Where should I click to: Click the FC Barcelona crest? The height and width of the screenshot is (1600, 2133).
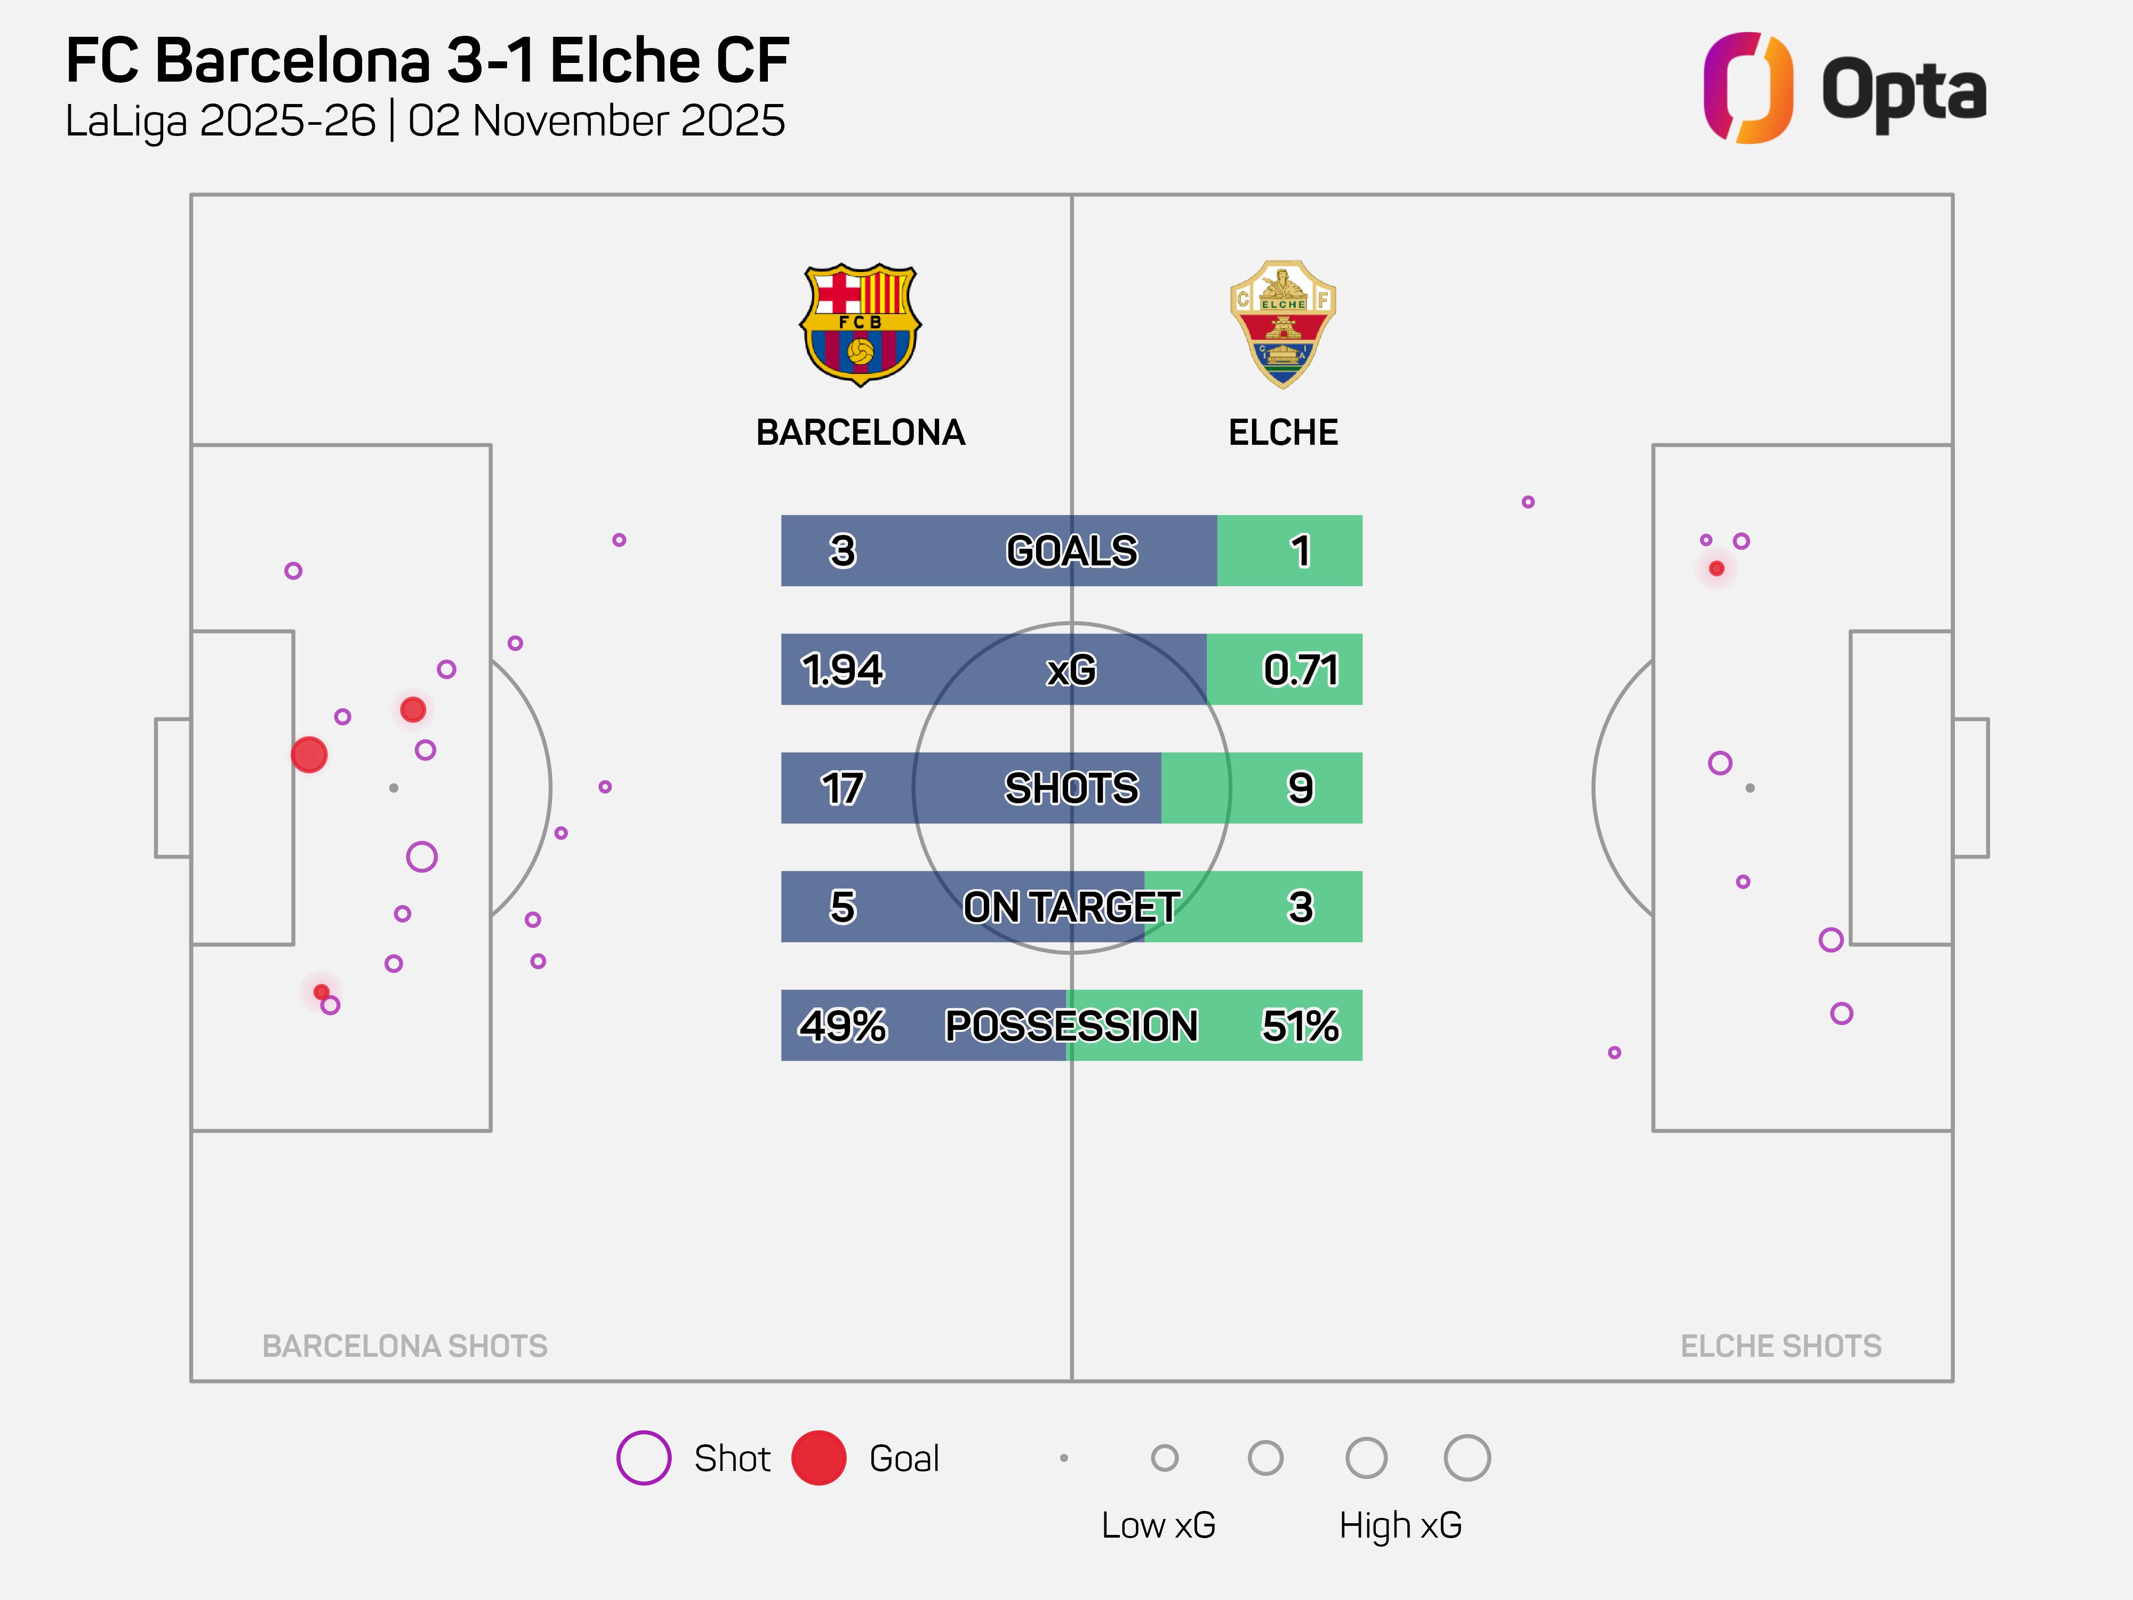click(x=860, y=325)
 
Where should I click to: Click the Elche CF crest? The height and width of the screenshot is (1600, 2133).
click(x=1282, y=324)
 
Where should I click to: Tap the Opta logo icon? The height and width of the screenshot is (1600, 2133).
click(x=1747, y=88)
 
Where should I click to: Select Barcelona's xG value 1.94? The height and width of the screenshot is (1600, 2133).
click(x=842, y=669)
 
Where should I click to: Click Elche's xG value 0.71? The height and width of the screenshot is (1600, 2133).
click(x=1301, y=669)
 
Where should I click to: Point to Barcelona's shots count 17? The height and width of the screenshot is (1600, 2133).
click(x=842, y=788)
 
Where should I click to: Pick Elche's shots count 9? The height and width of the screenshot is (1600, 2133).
click(x=1301, y=788)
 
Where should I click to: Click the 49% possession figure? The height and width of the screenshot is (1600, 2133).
click(x=842, y=1025)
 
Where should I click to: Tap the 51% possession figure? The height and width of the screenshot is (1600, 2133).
click(x=1301, y=1025)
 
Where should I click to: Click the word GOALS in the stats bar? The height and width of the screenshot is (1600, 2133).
click(x=1071, y=551)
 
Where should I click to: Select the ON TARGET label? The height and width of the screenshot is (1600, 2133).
click(x=1071, y=907)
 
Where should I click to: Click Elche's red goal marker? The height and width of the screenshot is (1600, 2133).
click(x=1717, y=568)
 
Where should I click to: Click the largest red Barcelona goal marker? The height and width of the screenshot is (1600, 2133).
click(x=309, y=754)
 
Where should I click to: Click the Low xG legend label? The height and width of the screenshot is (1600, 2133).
click(x=1158, y=1525)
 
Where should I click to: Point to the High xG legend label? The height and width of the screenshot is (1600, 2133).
click(x=1400, y=1525)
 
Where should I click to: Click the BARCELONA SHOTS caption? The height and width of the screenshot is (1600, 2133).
click(x=405, y=1346)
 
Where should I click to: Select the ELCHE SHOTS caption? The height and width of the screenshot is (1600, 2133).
click(x=1780, y=1346)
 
